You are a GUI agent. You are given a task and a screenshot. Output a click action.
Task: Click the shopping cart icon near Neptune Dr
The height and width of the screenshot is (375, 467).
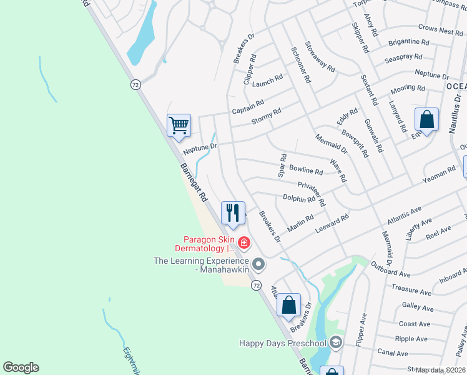coord(179,125)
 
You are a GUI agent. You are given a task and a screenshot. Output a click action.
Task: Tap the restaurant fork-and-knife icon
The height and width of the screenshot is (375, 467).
coord(233,212)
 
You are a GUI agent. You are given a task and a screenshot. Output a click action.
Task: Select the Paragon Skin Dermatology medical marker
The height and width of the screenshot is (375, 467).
coord(244,242)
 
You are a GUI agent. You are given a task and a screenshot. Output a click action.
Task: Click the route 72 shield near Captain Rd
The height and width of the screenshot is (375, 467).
coord(135,84)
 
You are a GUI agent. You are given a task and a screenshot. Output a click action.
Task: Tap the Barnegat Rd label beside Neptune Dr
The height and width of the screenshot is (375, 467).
coord(194,182)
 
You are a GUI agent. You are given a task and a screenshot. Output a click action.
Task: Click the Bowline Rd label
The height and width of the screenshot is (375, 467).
coord(306,170)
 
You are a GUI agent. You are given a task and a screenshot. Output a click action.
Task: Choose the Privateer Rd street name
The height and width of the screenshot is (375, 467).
coord(312,194)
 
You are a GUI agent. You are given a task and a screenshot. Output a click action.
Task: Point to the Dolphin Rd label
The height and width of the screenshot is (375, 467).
coord(299,199)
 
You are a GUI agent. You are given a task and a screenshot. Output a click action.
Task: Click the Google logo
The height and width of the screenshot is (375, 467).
coord(21,367)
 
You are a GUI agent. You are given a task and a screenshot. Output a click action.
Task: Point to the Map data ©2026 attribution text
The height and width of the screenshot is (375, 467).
coord(441,370)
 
